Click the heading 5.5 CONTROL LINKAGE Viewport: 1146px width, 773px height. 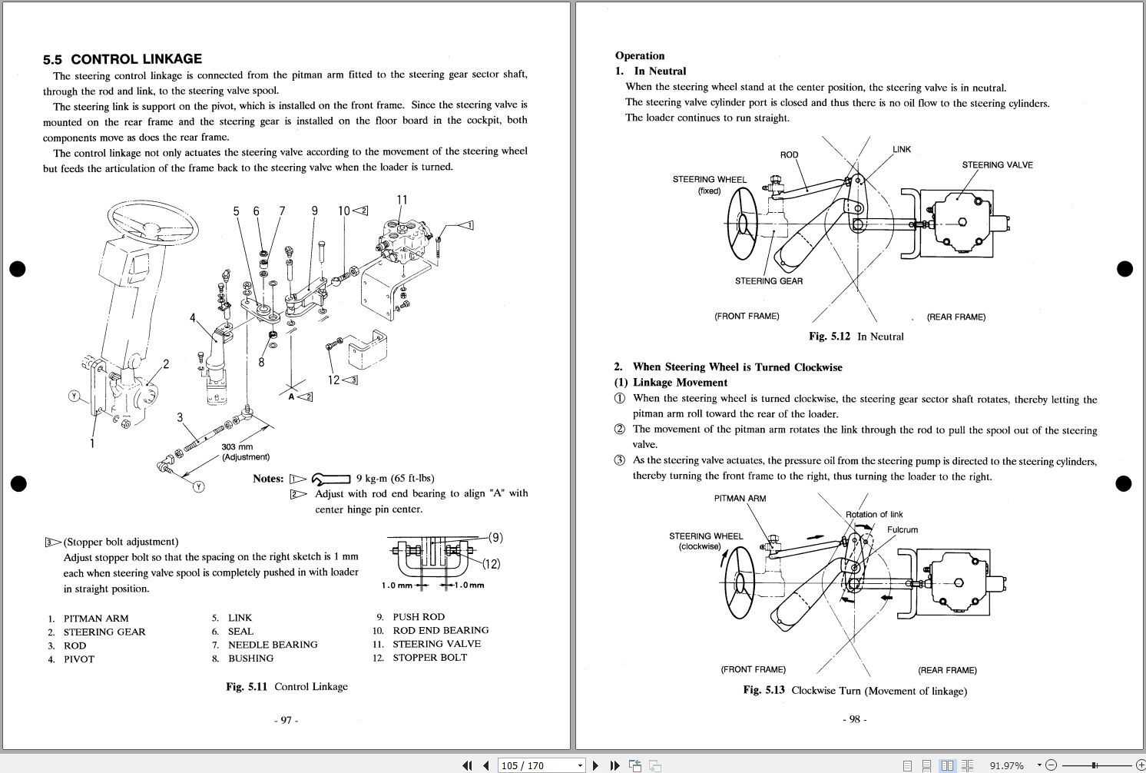coord(122,59)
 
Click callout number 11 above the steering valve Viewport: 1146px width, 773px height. coord(402,201)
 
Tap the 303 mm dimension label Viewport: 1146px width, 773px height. coord(237,446)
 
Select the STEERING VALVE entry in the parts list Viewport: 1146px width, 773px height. coord(436,644)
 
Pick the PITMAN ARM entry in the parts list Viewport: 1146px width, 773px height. coord(96,618)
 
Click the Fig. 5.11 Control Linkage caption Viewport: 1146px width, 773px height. coord(286,686)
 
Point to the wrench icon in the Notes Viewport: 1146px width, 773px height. coord(331,479)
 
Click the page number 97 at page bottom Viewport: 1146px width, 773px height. coord(286,720)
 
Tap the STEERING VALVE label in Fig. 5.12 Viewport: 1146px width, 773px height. coord(997,165)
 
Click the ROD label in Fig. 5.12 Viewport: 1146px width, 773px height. coord(789,154)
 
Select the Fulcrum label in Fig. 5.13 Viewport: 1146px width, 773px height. coord(902,529)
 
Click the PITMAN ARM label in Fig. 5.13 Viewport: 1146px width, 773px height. coord(740,498)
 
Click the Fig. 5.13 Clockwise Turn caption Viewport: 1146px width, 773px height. coord(855,690)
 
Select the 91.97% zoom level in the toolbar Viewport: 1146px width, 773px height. coord(1006,765)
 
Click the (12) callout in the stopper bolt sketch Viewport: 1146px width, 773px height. coord(491,564)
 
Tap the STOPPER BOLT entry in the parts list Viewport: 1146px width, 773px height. coord(429,658)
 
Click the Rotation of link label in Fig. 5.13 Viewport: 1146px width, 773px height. coord(874,514)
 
